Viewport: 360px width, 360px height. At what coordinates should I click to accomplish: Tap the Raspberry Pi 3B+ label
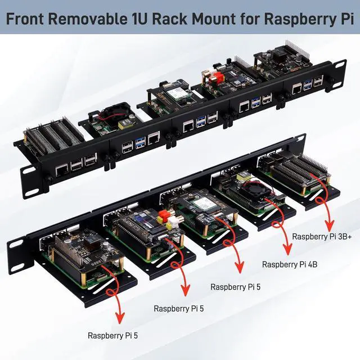pos(322,237)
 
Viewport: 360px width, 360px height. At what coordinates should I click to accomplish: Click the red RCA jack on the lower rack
pos(164,215)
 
